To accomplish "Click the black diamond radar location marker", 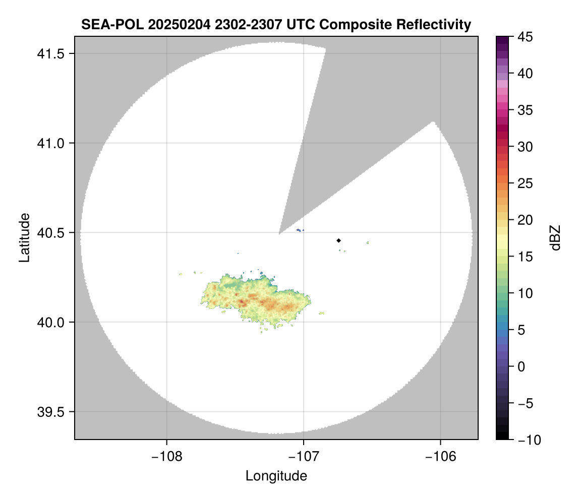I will click(338, 240).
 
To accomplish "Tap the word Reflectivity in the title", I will click(433, 25).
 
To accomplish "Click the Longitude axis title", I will click(276, 475).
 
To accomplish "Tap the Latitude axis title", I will click(24, 237).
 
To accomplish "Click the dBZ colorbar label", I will click(555, 237).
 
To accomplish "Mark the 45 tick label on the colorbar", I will click(525, 37).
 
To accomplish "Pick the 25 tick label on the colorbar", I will click(525, 183).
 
